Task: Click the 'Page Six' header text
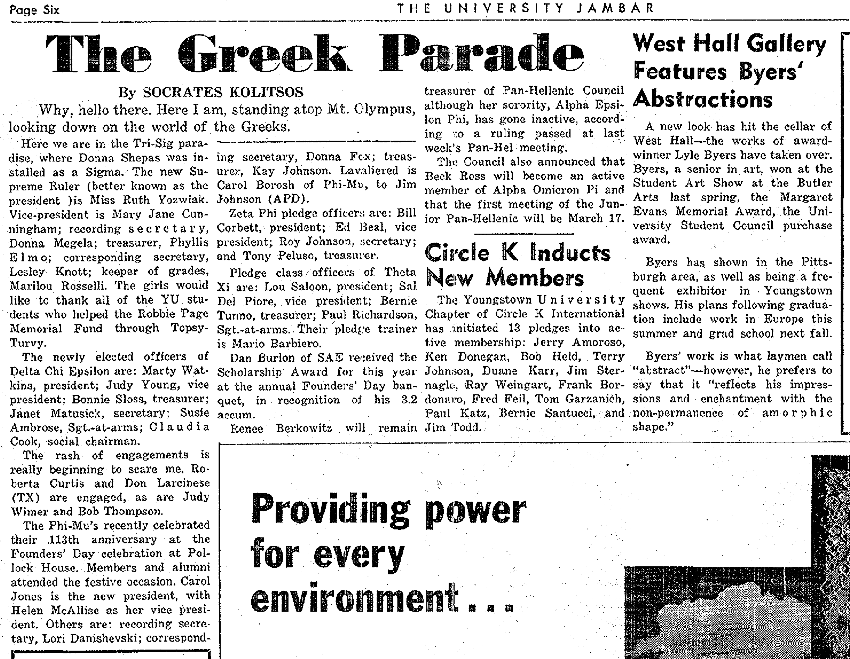pos(34,9)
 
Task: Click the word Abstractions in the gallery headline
pos(703,100)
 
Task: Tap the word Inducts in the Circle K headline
pos(570,253)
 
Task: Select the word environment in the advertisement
pos(355,597)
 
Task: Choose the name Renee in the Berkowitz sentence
pos(246,429)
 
